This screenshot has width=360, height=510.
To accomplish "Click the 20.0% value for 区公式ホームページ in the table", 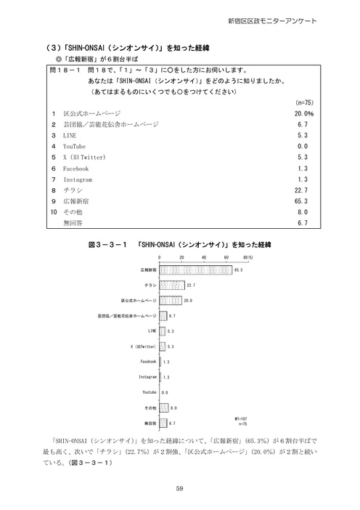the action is click(x=303, y=114).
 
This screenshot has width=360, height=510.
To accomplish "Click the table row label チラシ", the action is click(x=73, y=190).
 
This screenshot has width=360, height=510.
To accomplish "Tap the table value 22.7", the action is click(x=305, y=190).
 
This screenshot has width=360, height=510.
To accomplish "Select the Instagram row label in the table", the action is click(x=78, y=179).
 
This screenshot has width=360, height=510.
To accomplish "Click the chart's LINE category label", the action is click(x=151, y=331).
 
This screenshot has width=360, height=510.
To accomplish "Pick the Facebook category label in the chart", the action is click(x=148, y=361).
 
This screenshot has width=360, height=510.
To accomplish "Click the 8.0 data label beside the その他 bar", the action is click(x=172, y=408).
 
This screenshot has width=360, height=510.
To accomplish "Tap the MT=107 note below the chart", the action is click(x=242, y=418).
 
